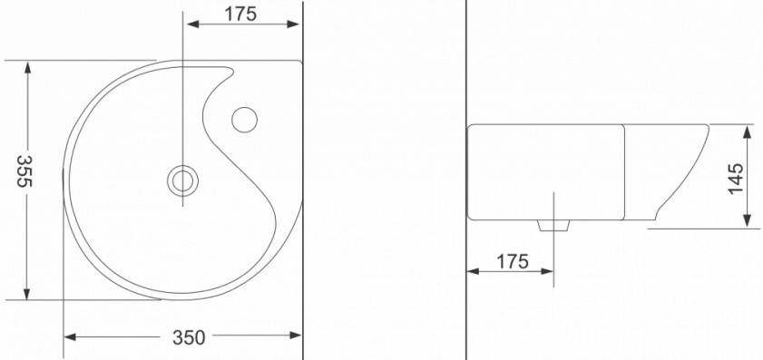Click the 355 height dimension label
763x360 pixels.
tap(24, 170)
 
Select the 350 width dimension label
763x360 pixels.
tap(189, 337)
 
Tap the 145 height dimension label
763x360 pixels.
tap(736, 178)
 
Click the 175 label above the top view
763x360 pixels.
tap(240, 15)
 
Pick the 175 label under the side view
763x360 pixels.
tap(513, 261)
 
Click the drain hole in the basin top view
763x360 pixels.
tap(183, 180)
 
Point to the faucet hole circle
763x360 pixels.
tap(244, 120)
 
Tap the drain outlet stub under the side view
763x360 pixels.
tap(553, 225)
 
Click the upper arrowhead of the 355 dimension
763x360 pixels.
tap(27, 67)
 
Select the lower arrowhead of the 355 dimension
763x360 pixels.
tap(27, 294)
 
